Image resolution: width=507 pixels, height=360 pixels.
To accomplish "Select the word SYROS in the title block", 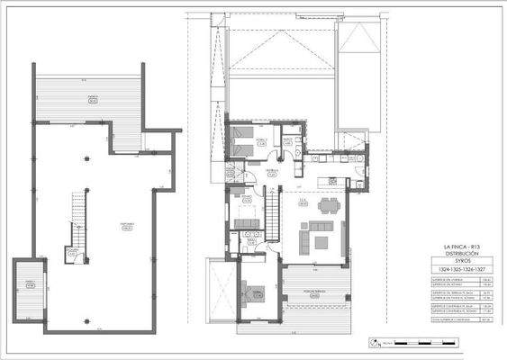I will (464, 260).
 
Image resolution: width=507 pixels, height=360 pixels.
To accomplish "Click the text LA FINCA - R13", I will (464, 246).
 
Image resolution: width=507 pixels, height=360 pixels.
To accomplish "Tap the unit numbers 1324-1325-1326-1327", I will (464, 269).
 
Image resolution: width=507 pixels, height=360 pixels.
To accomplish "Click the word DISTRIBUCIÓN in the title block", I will (464, 253).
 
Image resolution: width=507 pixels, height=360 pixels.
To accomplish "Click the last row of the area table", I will (464, 318).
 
